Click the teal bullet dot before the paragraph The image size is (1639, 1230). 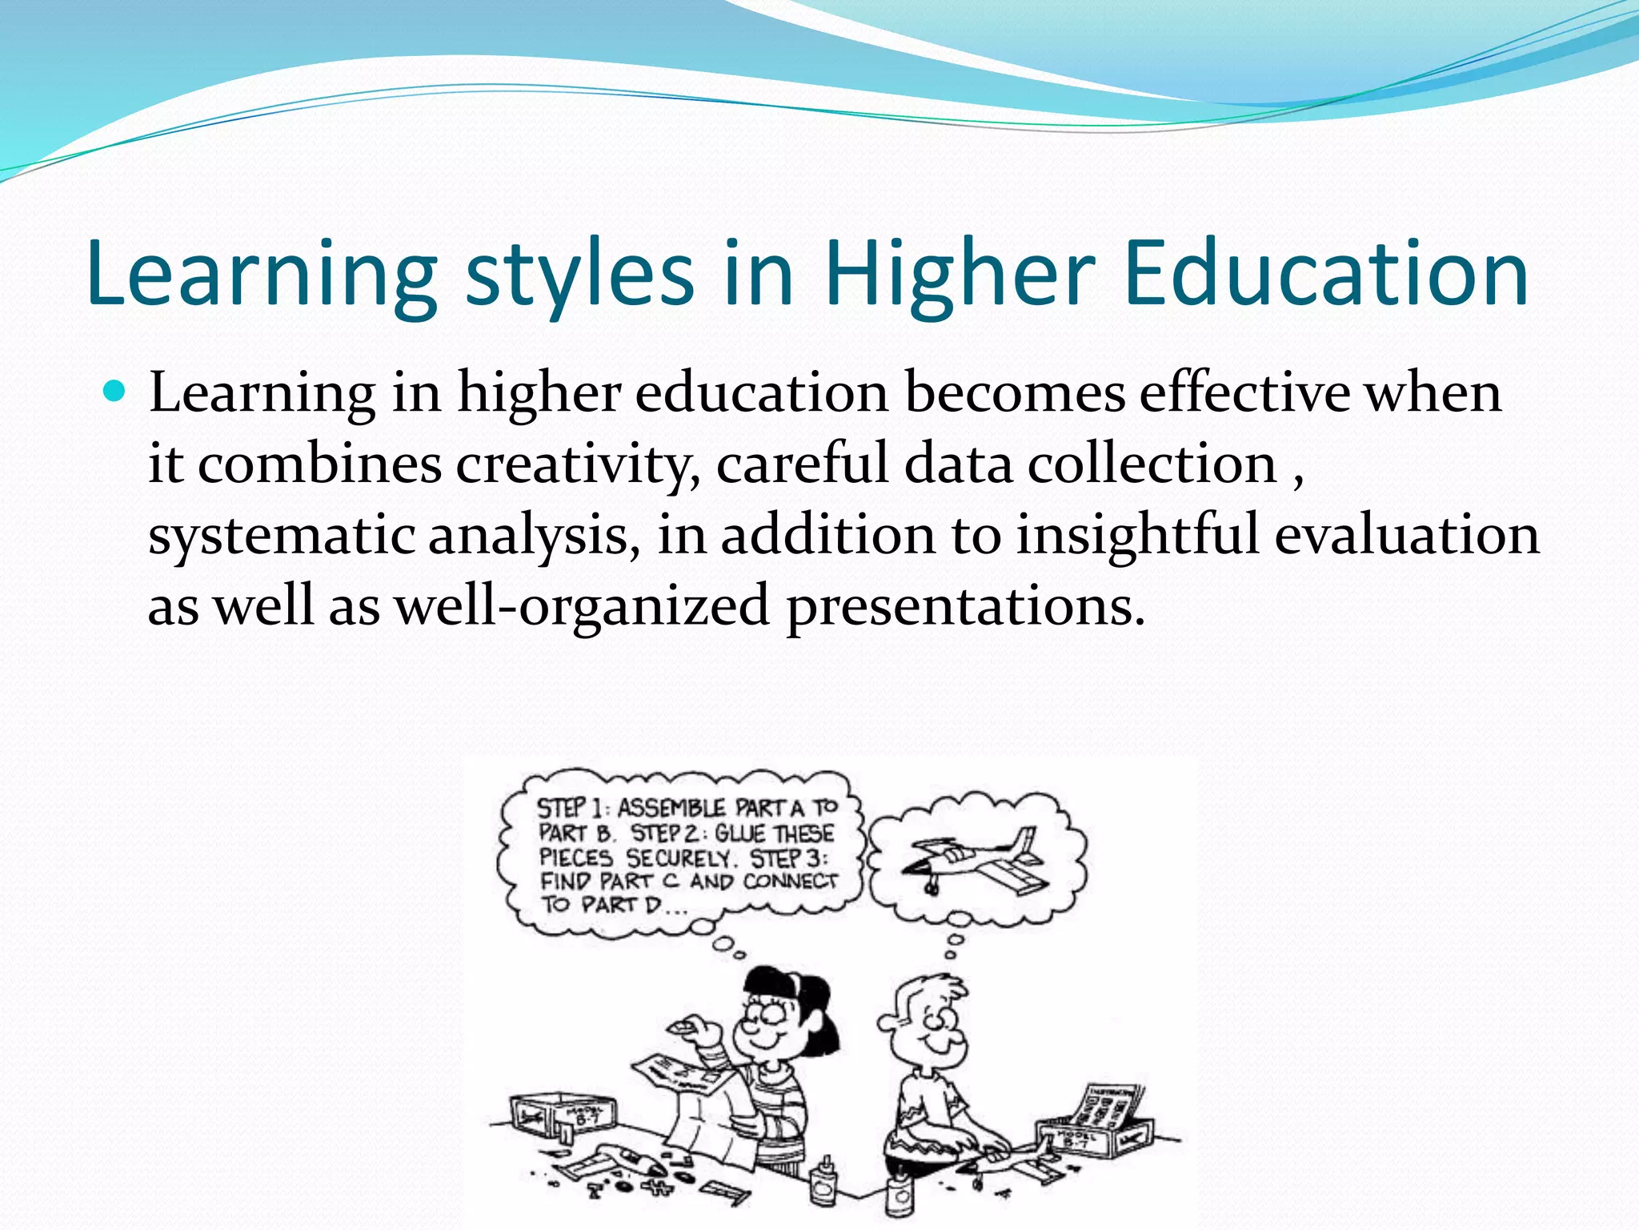point(115,392)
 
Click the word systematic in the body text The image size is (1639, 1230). point(281,535)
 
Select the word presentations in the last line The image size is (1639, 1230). point(966,605)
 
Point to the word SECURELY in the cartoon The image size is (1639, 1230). point(679,858)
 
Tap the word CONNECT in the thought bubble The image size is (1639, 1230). point(791,882)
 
